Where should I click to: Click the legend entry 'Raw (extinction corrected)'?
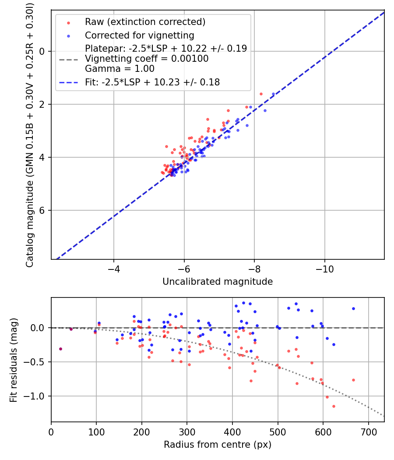pos(145,22)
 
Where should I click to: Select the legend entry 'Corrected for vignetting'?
pos(140,35)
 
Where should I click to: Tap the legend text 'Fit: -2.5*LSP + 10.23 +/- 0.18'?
pos(152,82)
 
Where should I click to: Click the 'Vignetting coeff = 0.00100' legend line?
pos(147,59)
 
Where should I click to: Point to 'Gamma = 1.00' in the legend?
pos(120,69)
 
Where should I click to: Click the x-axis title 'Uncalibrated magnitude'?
pos(218,282)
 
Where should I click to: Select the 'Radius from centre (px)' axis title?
pos(218,445)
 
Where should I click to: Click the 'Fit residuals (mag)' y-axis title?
pos(14,360)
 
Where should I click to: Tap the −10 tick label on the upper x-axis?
pos(324,268)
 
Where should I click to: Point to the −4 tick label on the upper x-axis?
pos(114,268)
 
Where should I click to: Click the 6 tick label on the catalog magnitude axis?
pos(42,210)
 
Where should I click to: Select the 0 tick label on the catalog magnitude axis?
pos(42,51)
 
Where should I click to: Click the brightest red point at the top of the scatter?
pos(261,94)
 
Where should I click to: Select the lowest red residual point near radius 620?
pos(334,406)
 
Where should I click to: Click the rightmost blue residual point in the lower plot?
pos(353,308)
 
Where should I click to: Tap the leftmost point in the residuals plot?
pos(60,349)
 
